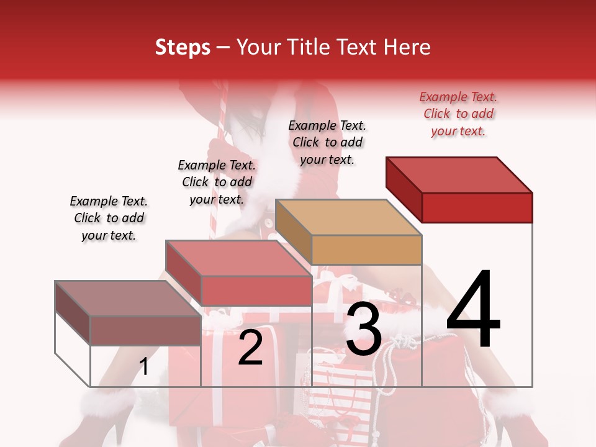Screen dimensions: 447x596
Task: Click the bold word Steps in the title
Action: (x=183, y=48)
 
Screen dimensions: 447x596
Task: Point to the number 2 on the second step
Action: (x=250, y=348)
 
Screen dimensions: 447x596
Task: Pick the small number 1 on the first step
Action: (x=144, y=367)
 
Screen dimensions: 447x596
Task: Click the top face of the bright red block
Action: (x=459, y=174)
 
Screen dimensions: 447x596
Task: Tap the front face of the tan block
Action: (x=366, y=250)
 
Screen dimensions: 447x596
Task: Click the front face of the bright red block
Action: (x=477, y=207)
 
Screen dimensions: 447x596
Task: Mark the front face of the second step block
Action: (x=256, y=291)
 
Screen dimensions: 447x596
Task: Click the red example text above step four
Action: (x=458, y=114)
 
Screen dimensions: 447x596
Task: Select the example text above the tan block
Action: (x=327, y=143)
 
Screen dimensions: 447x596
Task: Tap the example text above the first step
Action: (x=109, y=219)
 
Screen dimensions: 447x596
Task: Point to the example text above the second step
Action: (x=217, y=183)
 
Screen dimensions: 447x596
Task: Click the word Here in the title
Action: (x=408, y=48)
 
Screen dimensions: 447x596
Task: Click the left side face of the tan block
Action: (x=293, y=231)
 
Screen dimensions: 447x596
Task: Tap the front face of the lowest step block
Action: (x=145, y=330)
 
